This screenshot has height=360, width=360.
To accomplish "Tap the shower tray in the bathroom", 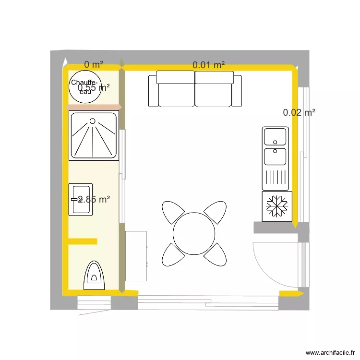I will coord(94,136).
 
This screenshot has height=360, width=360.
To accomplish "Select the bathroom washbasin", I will coord(80,199).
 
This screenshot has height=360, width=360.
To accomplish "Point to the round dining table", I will coord(194,234).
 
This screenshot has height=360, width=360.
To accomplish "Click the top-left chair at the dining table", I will coord(173,212).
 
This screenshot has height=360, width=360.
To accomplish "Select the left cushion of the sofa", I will coord(176,89).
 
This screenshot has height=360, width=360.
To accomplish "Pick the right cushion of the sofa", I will coord(214,89).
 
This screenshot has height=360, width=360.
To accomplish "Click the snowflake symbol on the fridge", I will coord(276,206).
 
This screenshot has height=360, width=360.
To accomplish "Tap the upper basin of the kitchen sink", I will coord(275,136).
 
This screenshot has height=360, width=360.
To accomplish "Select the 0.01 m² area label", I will coord(209,65).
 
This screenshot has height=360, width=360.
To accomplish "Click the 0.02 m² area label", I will coord(299,113).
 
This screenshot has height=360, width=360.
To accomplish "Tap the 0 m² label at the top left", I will coord(94,64).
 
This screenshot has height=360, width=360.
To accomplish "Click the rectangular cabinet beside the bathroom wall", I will coord(136,256).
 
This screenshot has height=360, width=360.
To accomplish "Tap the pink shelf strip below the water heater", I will coord(93,108).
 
